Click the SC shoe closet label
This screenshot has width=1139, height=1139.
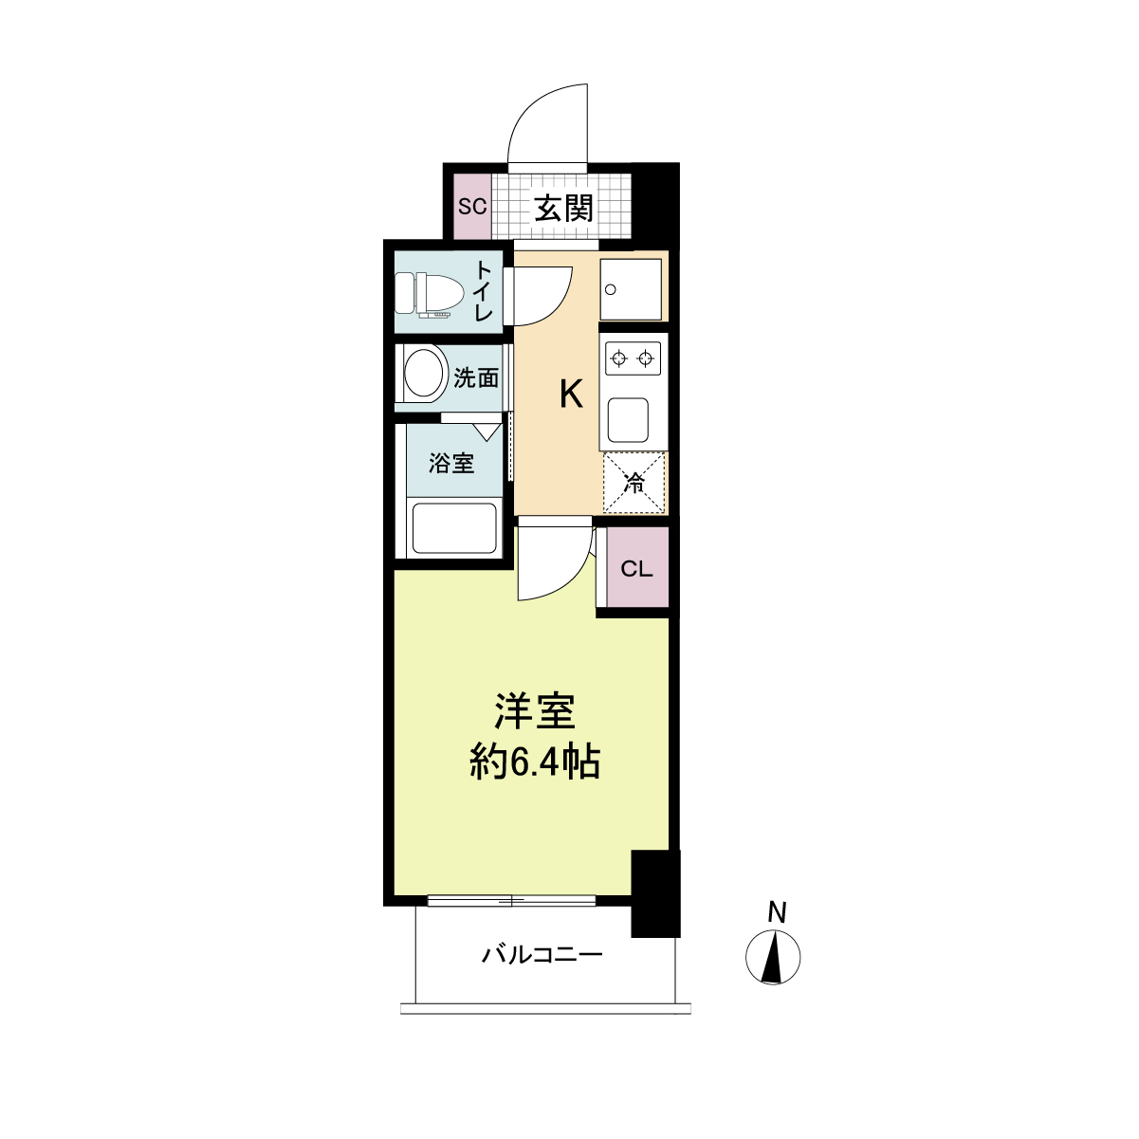[472, 207]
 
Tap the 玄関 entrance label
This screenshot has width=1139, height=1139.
[563, 208]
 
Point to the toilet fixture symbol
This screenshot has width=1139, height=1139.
[430, 294]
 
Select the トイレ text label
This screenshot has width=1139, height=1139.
[484, 291]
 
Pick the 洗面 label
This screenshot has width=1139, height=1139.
[476, 377]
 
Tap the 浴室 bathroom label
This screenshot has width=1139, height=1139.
[451, 464]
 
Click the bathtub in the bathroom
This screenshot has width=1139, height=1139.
[454, 528]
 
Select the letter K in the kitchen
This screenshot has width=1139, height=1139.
[571, 395]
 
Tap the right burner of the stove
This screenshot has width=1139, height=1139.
[646, 358]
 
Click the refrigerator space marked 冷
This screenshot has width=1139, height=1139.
[634, 483]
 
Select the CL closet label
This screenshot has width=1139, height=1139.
[636, 569]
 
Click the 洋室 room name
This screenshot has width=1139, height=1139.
[535, 711]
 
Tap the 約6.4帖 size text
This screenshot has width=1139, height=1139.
[535, 763]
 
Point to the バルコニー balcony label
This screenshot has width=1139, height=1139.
[542, 955]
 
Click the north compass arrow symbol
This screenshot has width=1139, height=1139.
[773, 958]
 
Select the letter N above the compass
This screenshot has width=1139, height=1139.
[777, 912]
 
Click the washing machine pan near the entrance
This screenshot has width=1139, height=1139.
[631, 289]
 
